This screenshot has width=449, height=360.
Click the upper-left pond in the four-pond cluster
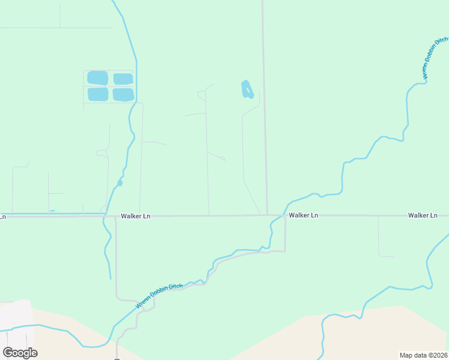[97, 78]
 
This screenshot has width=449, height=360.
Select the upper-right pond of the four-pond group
[123, 79]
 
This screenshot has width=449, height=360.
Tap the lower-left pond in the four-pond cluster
[97, 94]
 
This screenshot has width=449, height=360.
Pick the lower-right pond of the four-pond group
[123, 95]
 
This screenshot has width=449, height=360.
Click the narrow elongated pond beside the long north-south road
[246, 89]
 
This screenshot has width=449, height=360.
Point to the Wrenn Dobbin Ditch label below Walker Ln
[158, 296]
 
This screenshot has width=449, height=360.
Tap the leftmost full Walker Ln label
[133, 216]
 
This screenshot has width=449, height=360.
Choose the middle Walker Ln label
[303, 215]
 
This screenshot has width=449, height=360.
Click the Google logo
[20, 352]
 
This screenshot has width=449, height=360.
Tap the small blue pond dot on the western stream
[119, 183]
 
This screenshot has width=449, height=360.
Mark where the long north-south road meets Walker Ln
[267, 215]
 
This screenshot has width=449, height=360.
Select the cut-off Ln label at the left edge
[2, 217]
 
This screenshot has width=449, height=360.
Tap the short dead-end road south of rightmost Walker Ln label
[379, 237]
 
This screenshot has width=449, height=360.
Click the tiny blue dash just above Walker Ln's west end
[52, 211]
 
